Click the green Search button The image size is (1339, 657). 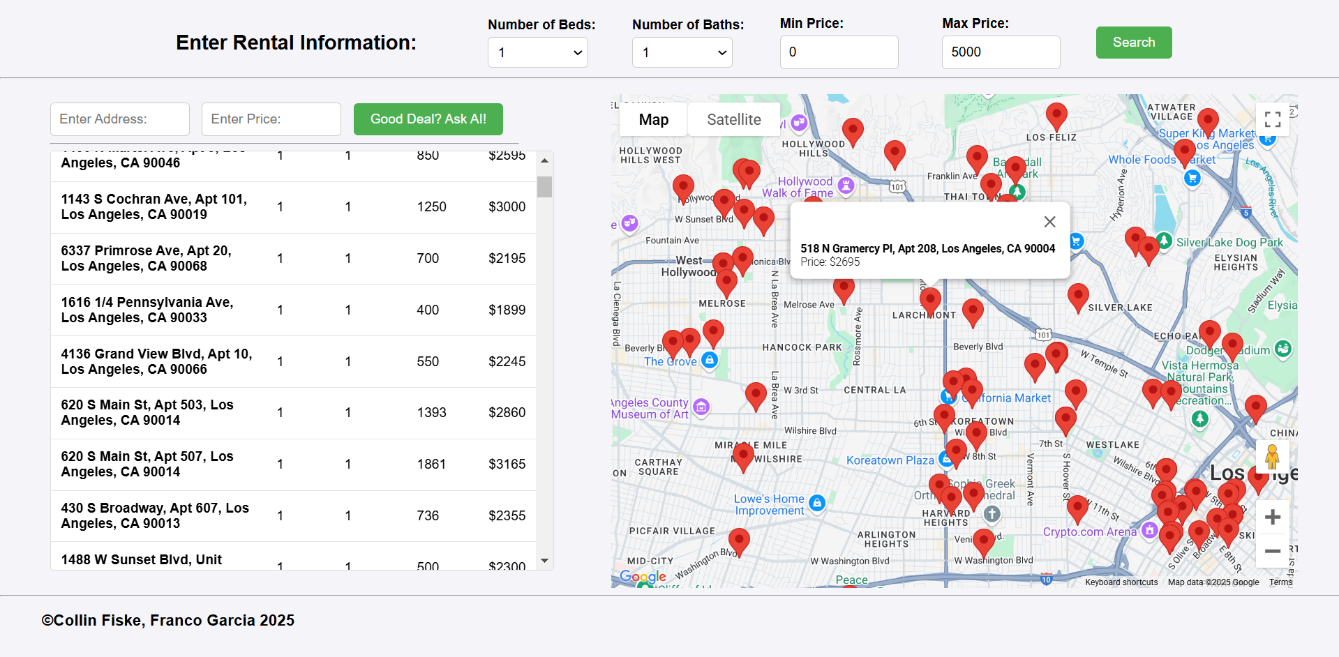coord(1133,43)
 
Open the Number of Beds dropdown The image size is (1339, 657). coord(537,52)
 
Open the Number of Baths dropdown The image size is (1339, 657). coord(682,52)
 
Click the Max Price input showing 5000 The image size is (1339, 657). coord(1000,52)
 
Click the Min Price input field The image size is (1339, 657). coord(838,52)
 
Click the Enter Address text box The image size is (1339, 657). coord(119,119)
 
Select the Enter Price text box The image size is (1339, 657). coord(271,119)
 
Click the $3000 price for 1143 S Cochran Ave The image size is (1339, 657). coord(507,207)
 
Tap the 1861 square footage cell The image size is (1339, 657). coord(431,465)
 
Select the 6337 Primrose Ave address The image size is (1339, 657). coord(146,258)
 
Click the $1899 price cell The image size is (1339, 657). coord(507,310)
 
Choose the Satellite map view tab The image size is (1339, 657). coord(733,120)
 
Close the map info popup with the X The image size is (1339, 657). coord(1049,222)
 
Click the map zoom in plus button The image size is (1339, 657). coord(1272,517)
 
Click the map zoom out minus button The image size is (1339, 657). coord(1272,551)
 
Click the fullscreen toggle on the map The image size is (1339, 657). coord(1272,119)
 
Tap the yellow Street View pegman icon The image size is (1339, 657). coord(1272,458)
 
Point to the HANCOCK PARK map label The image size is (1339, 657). coord(802,347)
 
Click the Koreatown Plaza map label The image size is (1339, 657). coord(890,460)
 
